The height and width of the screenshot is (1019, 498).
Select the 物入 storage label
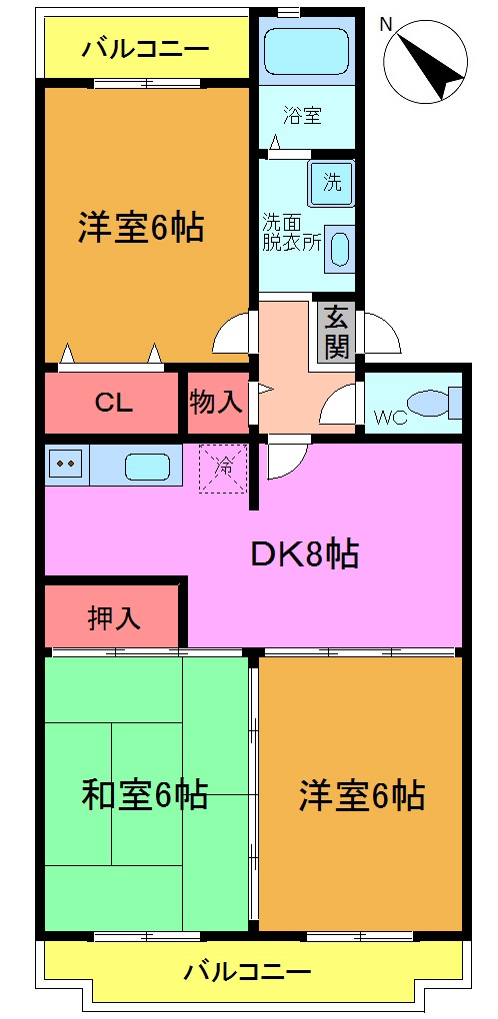216,403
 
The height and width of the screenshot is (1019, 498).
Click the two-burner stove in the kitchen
67,464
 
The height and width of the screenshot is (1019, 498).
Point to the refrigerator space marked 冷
223,467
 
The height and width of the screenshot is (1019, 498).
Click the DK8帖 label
304,552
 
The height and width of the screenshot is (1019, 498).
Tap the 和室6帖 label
144,795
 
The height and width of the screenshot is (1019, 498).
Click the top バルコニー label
145,48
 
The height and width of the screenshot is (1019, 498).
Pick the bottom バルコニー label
248,970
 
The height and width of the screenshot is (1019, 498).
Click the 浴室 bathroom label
304,116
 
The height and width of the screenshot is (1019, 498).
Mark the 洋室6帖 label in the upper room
141,228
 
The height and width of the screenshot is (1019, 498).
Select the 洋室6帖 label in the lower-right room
361,796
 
